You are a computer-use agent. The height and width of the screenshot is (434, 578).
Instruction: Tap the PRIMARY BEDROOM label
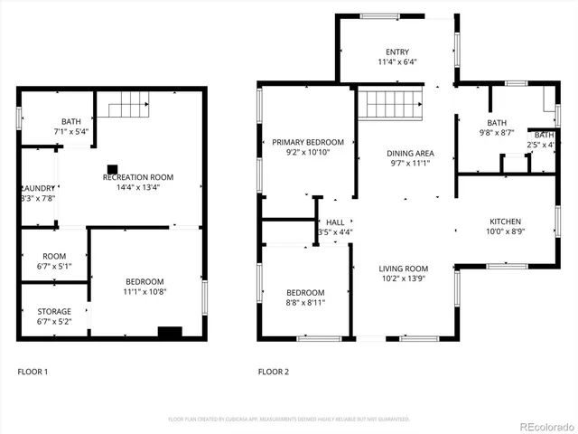point(308,142)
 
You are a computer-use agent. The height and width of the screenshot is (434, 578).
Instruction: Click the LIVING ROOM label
point(403,269)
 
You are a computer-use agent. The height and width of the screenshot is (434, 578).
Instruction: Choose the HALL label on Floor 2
point(335,222)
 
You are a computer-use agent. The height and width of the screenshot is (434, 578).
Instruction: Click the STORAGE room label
point(54,311)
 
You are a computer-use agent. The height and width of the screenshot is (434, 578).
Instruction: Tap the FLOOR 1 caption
point(33,372)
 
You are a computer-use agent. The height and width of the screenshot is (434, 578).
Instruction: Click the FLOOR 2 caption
point(274,372)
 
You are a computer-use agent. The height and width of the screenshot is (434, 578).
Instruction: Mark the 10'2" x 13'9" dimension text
point(403,279)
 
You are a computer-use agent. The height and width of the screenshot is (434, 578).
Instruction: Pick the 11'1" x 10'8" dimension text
point(145,291)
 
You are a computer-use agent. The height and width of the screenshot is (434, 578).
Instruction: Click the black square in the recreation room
point(113,167)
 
